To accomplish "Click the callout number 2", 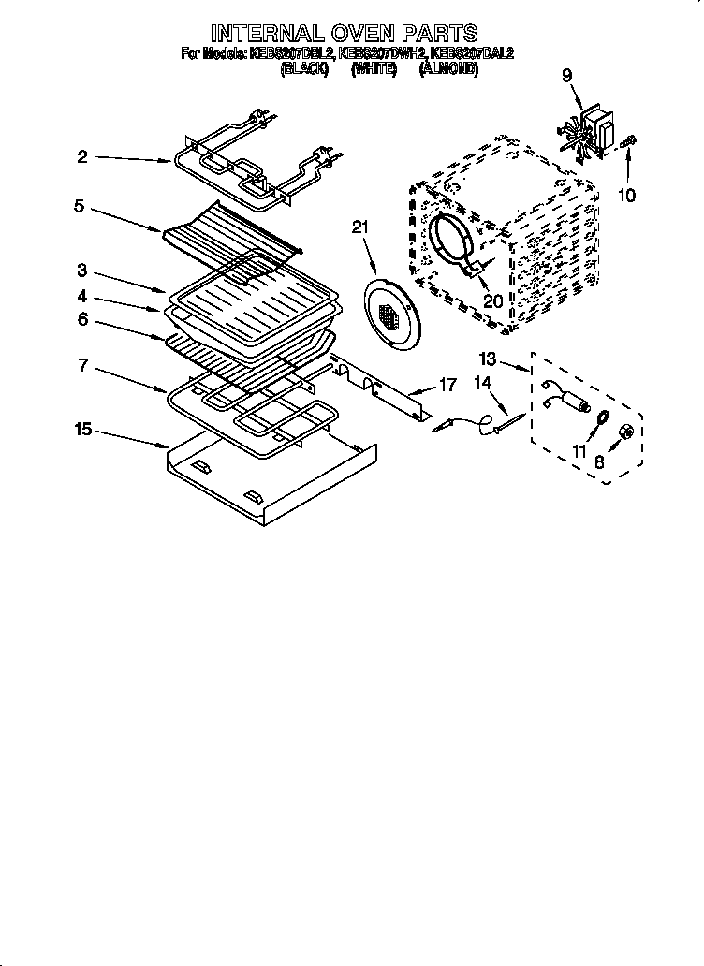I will pos(82,157).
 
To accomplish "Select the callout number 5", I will pos(80,205).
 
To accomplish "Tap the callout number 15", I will pos(84,429).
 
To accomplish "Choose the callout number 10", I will pos(626,196).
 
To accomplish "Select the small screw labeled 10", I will pos(629,140).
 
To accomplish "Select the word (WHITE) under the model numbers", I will pos(372,69).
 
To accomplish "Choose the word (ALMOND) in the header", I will pos(449,69).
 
